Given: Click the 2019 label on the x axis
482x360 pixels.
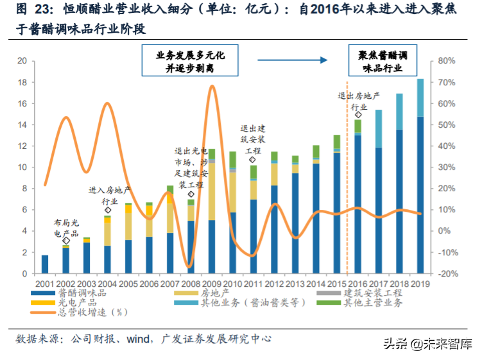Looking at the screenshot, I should click(420, 284).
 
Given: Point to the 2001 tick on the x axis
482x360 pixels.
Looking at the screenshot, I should click(44, 284).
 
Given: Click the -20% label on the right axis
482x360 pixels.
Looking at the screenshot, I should click(445, 273).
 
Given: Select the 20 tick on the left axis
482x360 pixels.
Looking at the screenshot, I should click(21, 61).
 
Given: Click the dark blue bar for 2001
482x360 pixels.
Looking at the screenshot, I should click(45, 264).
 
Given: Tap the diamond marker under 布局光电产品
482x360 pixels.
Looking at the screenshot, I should click(66, 241).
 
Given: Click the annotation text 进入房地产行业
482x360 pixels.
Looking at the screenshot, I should click(109, 196).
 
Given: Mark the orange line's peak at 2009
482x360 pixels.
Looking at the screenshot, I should click(212, 86).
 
